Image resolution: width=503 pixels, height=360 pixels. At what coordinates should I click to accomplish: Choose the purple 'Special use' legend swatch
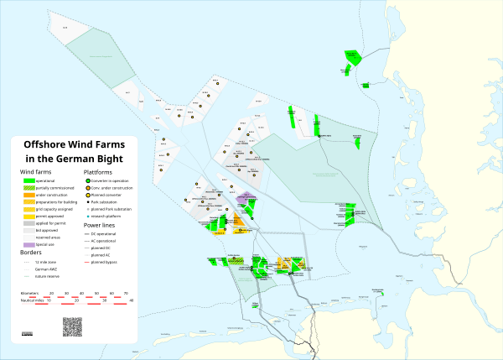click(x=28, y=244)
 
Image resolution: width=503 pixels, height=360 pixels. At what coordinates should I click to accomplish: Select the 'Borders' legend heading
click(x=29, y=252)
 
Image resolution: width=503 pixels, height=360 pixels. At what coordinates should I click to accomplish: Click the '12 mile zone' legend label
click(x=44, y=261)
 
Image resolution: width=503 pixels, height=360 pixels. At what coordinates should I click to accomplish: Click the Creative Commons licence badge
click(x=27, y=334)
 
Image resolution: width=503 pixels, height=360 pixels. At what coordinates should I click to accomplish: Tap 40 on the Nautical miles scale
click(x=131, y=300)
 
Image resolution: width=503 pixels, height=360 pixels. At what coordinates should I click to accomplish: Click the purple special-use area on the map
click(x=246, y=199)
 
